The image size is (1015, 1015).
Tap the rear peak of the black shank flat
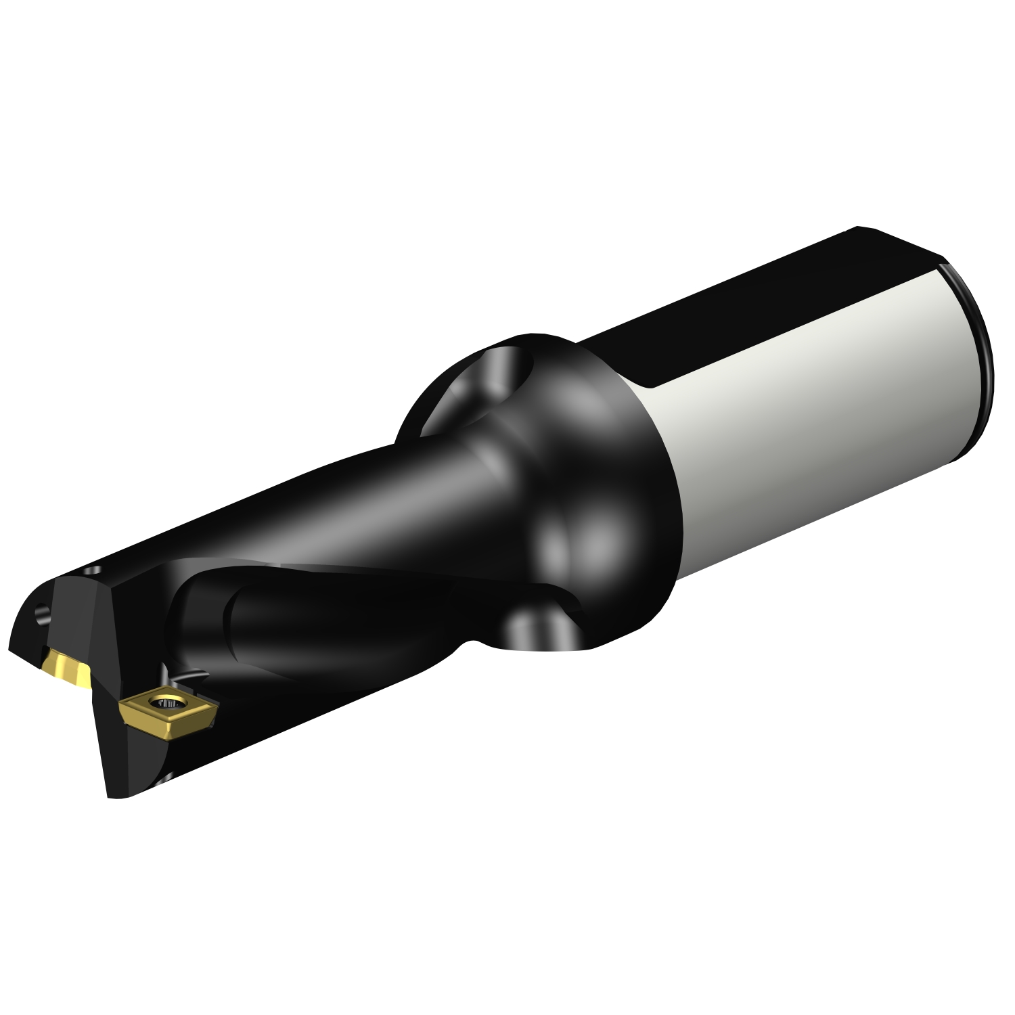(858, 228)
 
